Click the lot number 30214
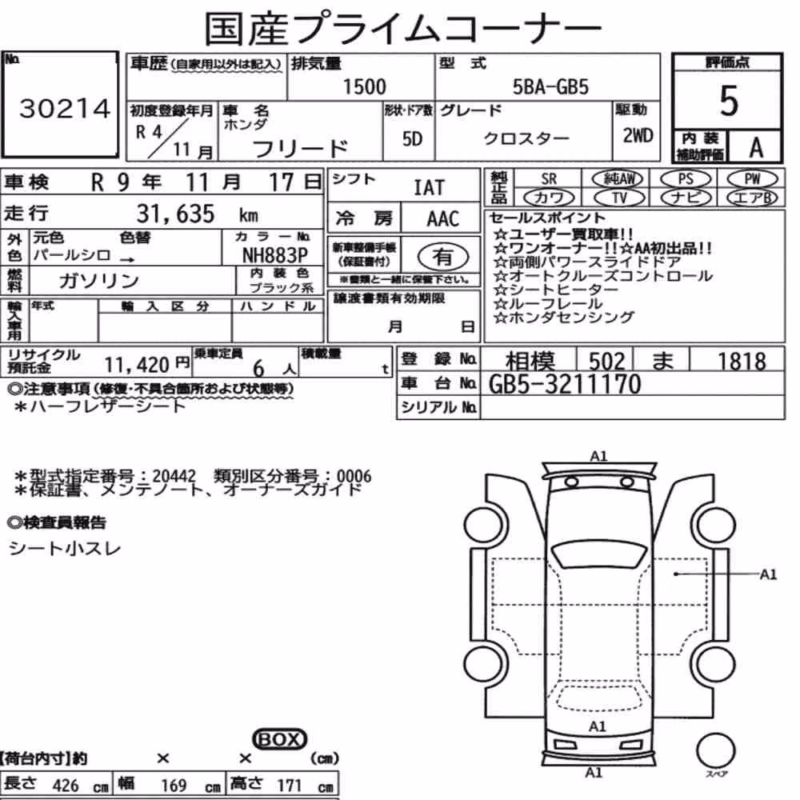pos(65,108)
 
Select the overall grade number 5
pos(729,101)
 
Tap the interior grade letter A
pos(756,147)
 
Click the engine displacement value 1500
pos(364,86)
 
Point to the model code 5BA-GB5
pos(550,87)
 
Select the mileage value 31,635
pos(175,214)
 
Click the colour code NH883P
pos(274,255)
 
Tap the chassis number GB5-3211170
pos(564,384)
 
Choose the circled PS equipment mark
pos(686,179)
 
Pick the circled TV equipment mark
pos(619,198)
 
